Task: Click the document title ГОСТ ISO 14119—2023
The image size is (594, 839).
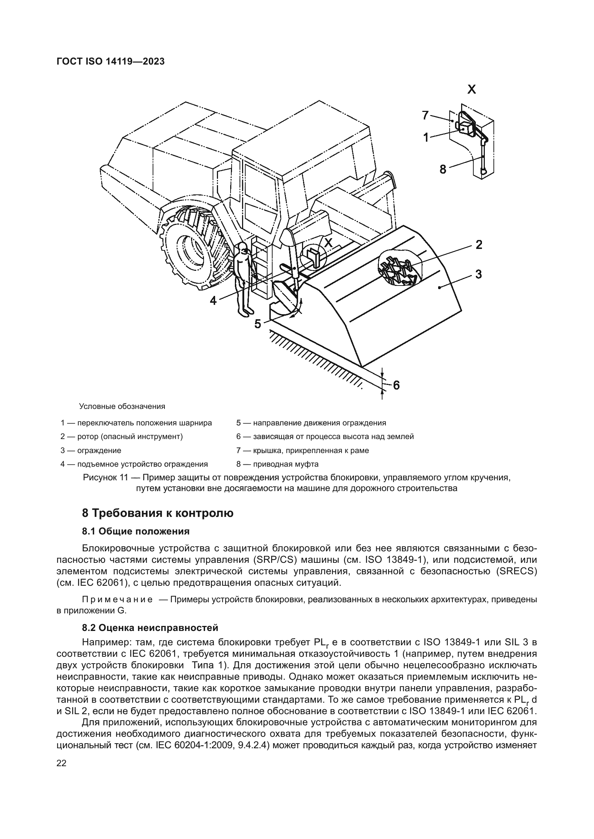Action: (111, 61)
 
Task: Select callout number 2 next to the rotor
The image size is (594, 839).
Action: (478, 245)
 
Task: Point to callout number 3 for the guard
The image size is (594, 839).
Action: (478, 274)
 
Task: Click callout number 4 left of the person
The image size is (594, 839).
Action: (214, 300)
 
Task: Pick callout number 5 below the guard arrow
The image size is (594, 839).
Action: (258, 324)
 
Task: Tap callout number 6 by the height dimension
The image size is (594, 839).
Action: (396, 385)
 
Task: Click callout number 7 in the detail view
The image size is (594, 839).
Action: (425, 116)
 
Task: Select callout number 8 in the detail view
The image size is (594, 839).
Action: (443, 169)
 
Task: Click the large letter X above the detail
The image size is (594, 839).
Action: (472, 89)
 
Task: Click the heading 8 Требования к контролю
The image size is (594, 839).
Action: (158, 513)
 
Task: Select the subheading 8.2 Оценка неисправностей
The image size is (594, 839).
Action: (150, 628)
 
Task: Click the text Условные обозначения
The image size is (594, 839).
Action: (122, 406)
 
